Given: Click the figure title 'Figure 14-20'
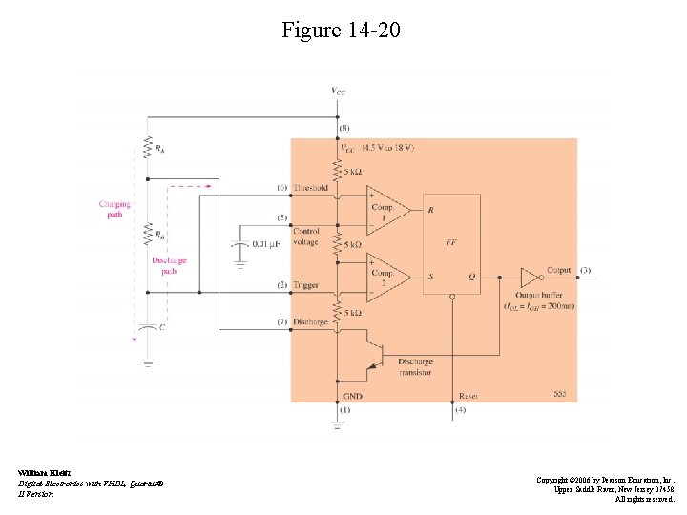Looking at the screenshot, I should (342, 31).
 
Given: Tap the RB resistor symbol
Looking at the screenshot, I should (147, 233).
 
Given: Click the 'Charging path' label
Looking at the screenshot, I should (114, 209).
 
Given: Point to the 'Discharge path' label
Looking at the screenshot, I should (169, 265).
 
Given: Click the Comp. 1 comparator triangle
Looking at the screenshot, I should (387, 207).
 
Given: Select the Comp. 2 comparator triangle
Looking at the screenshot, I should (387, 277).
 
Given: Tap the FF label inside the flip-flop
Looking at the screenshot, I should (451, 243).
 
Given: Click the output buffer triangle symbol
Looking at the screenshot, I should (529, 278).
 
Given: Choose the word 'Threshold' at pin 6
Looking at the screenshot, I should (311, 188).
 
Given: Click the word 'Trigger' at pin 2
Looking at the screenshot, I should (306, 285).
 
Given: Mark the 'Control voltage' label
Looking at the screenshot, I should (306, 236).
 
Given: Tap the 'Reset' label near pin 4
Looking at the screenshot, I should (468, 395).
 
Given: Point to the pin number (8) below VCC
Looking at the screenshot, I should (343, 127).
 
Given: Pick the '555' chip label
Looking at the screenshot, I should (559, 394).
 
